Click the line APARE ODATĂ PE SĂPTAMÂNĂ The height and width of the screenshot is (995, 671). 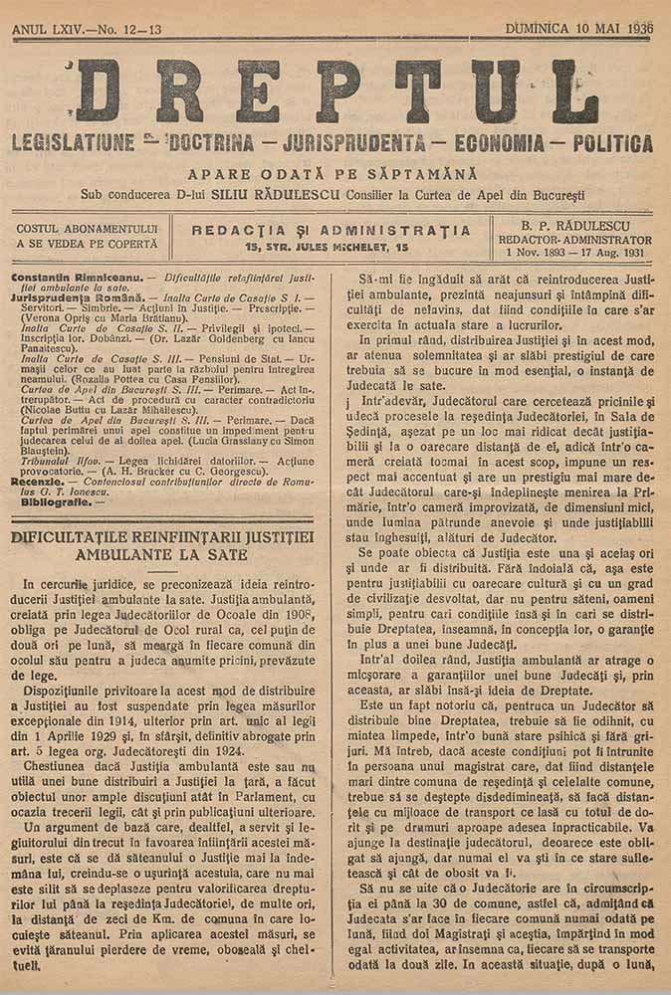335,173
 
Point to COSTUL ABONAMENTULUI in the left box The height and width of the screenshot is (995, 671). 88,229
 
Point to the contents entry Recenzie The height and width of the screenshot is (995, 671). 38,482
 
